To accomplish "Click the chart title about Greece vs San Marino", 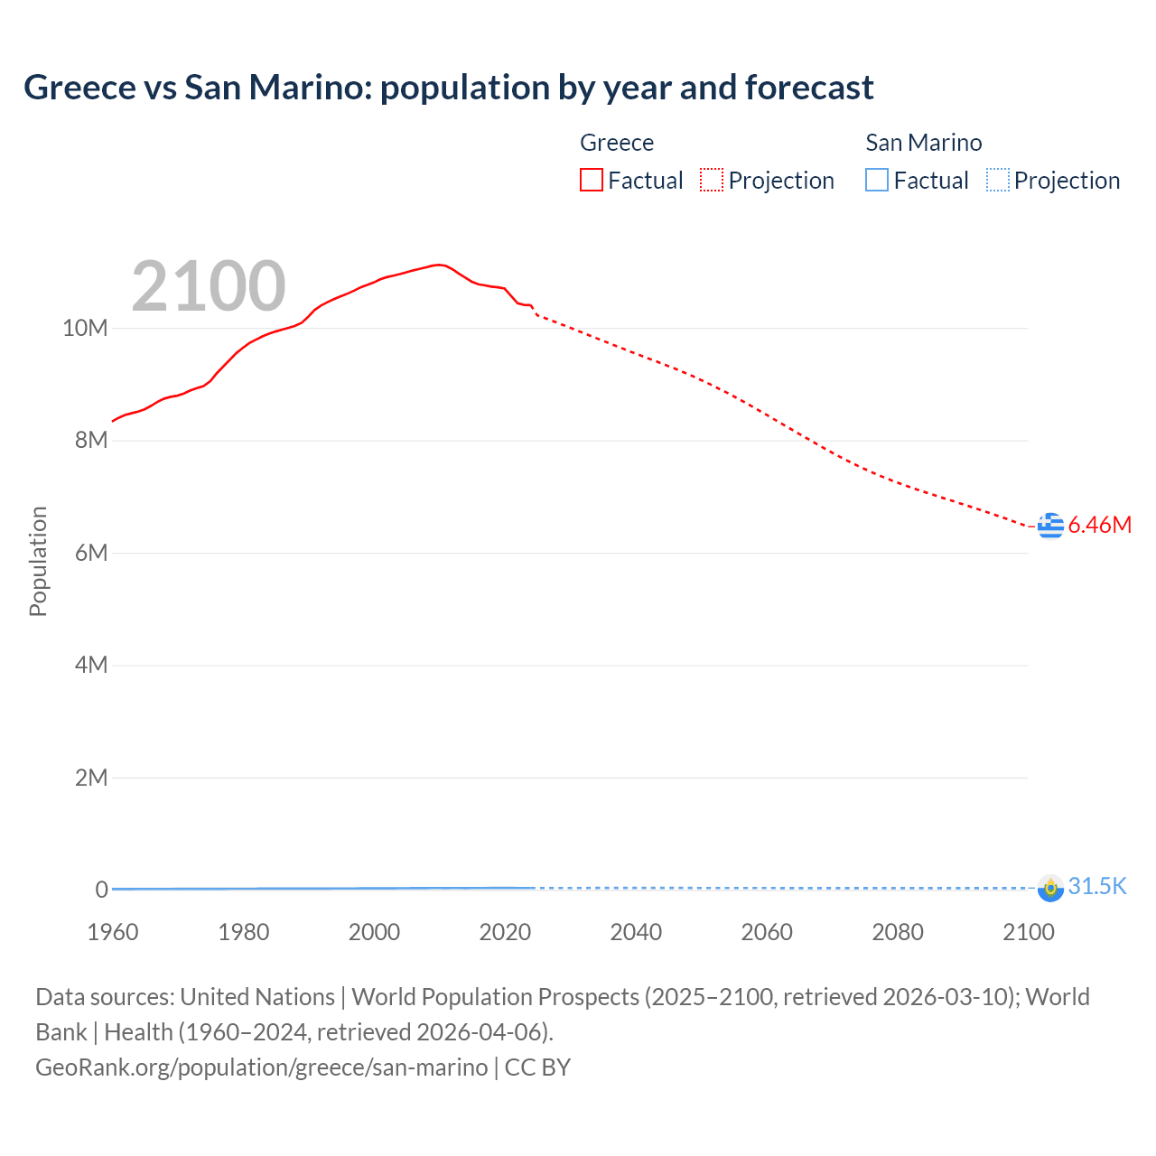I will tap(448, 88).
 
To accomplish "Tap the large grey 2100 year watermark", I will tap(209, 286).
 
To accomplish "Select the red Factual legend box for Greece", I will tap(592, 181).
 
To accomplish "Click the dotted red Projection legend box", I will tap(712, 181).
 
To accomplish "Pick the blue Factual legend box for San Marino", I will tap(877, 181).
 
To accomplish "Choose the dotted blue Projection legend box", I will tap(997, 181).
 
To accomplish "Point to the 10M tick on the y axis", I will tap(85, 328).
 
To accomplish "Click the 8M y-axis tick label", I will tap(90, 441).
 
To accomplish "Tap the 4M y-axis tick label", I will tap(90, 666).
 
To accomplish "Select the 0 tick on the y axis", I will tap(101, 890).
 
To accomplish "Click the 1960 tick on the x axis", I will tap(113, 932).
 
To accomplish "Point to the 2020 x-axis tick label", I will tap(505, 932).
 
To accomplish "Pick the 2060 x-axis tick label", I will tap(767, 932).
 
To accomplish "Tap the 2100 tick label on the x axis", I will tap(1028, 932).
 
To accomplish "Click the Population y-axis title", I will tap(38, 561).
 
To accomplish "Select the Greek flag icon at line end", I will tap(1050, 525).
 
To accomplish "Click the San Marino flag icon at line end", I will tap(1050, 888).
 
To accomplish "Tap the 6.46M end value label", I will tap(1099, 525).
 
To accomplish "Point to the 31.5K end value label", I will tap(1097, 886).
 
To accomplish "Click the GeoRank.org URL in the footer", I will tap(262, 1067).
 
